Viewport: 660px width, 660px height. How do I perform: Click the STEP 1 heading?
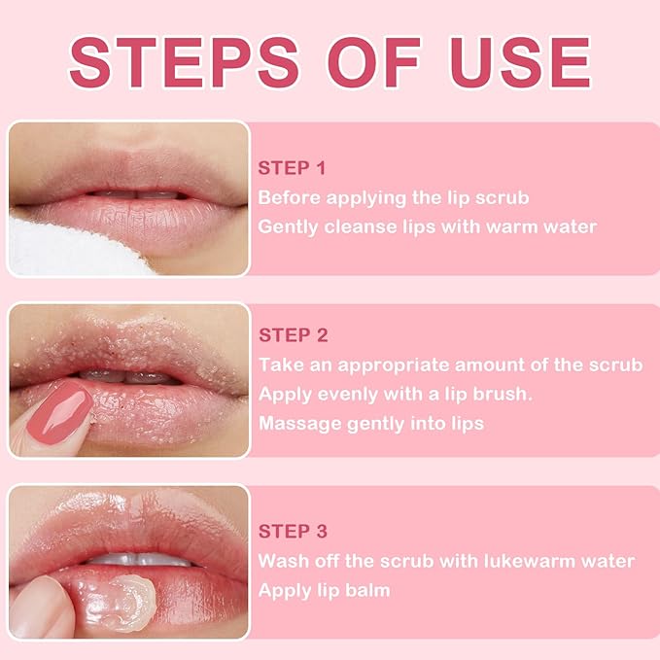point(292,167)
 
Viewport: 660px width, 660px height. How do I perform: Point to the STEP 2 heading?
point(293,335)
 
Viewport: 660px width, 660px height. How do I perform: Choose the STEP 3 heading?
point(293,532)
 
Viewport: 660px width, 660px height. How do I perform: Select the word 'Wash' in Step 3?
point(281,562)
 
